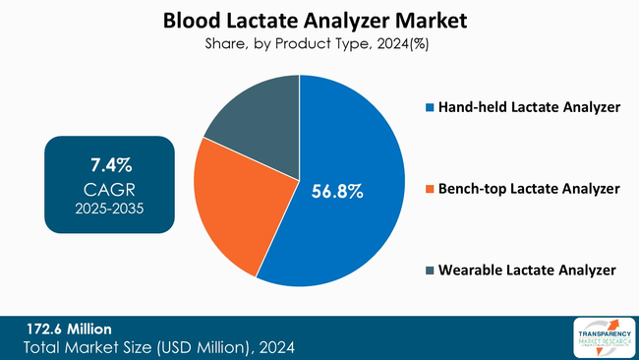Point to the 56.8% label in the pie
(337, 192)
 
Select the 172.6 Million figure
(68, 329)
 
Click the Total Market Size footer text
(158, 347)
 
